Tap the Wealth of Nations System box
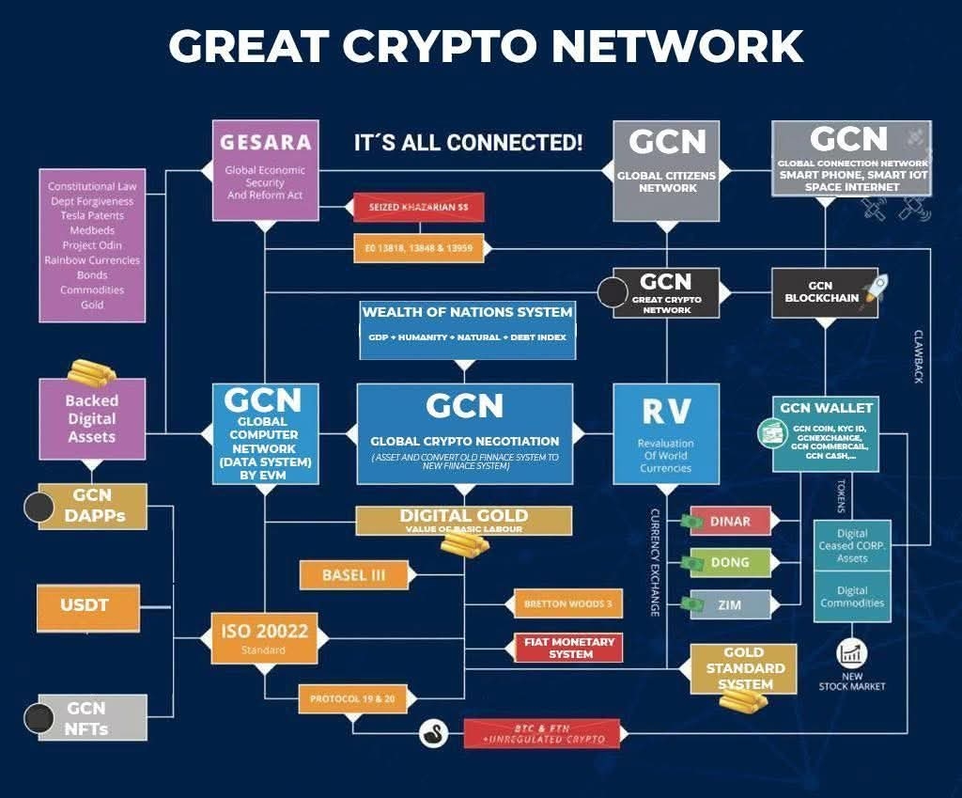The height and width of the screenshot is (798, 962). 467,328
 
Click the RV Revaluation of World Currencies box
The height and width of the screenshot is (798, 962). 665,433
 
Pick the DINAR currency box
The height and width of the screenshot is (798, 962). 730,522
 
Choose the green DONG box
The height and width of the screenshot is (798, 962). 730,563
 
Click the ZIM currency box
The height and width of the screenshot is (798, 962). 730,604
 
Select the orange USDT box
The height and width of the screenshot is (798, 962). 84,606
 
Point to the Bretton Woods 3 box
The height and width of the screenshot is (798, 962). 567,603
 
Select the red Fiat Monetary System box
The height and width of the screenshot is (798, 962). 567,648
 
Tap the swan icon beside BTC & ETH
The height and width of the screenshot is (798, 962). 433,731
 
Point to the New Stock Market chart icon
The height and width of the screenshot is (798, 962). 852,654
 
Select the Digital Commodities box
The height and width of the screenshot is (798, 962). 852,596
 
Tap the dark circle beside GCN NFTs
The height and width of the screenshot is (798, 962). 39,719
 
